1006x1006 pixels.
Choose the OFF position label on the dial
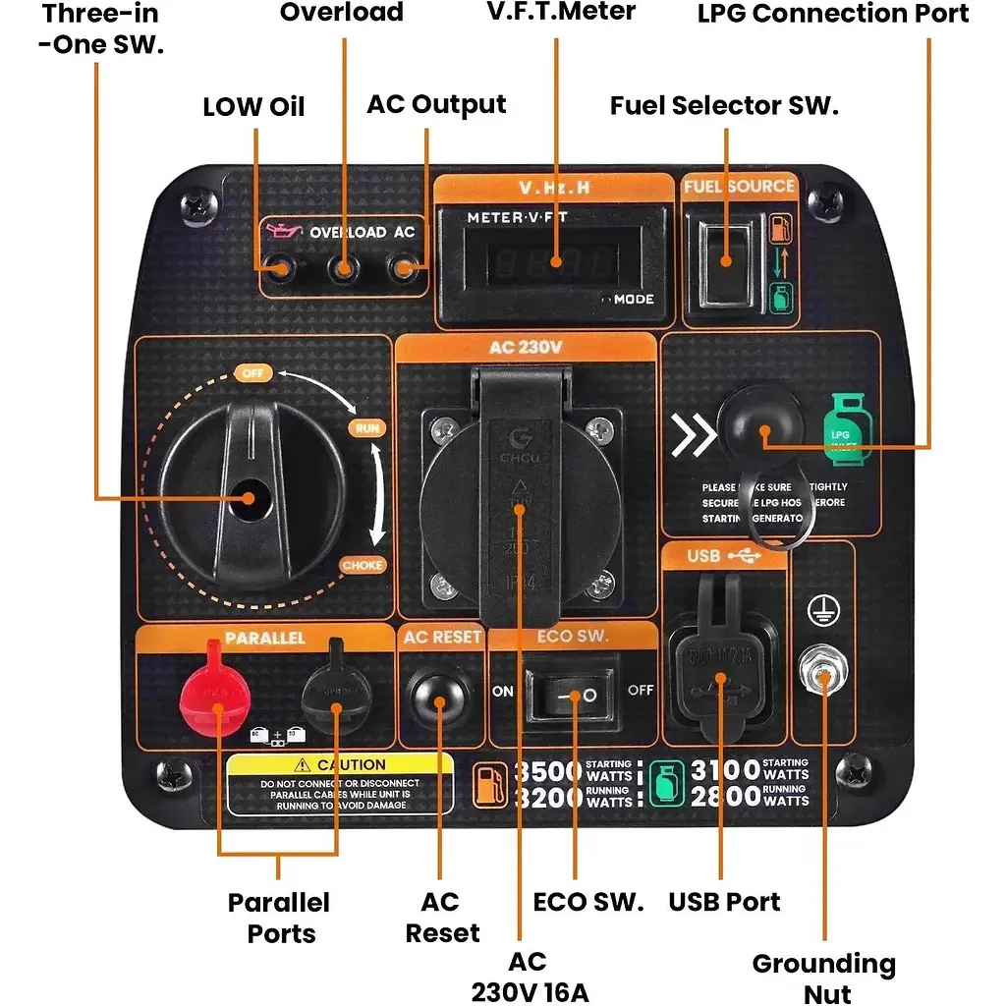[251, 373]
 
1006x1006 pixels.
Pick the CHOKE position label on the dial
[362, 565]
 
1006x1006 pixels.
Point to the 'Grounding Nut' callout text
[823, 978]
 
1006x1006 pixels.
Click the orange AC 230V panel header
[525, 347]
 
